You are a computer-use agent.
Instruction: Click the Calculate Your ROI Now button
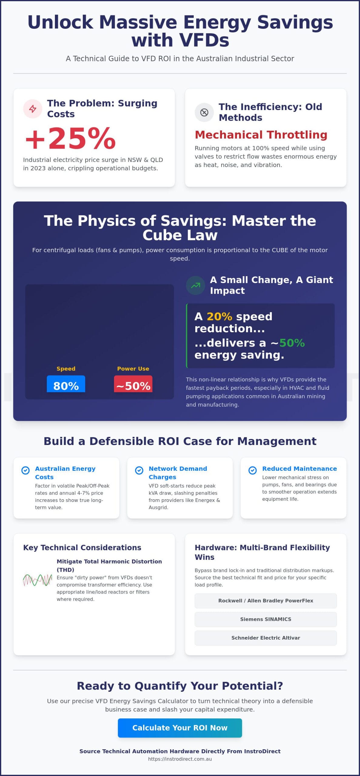point(180,728)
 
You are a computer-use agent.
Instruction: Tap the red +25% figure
point(71,138)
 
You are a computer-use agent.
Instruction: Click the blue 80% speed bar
point(66,384)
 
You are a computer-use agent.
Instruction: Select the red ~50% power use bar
point(133,384)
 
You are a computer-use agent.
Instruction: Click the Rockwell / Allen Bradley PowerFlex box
point(265,600)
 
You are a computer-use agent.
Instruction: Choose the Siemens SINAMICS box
point(265,619)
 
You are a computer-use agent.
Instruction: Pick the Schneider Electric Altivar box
point(265,638)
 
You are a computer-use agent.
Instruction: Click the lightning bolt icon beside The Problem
point(32,109)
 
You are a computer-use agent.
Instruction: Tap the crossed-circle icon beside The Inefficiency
point(204,112)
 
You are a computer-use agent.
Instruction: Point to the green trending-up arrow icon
point(196,285)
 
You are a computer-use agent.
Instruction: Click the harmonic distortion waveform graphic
point(38,580)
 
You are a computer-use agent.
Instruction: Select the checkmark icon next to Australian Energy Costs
point(25,470)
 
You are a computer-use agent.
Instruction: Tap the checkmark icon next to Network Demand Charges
point(139,470)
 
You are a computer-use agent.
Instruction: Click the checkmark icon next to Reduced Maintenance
point(252,470)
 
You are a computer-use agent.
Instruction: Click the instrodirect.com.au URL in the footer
point(180,759)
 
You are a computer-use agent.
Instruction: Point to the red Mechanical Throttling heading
point(261,135)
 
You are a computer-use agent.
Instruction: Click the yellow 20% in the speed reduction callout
point(219,316)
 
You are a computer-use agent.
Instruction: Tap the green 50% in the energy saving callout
point(292,343)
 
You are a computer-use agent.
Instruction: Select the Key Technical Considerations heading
point(82,547)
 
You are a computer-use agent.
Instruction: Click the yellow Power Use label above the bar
point(133,369)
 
